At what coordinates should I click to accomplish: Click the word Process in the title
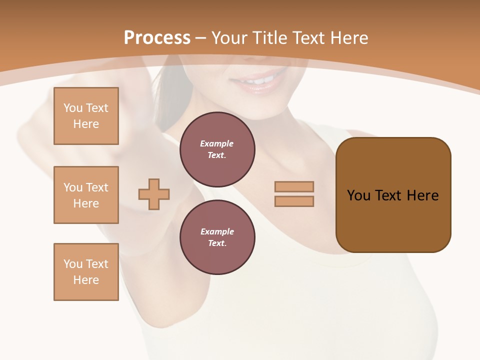(x=157, y=38)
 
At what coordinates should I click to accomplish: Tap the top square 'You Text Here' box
(x=86, y=116)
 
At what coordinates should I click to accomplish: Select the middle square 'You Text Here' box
(x=86, y=195)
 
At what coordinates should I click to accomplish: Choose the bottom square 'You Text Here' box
(x=86, y=272)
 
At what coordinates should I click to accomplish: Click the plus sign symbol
(x=154, y=194)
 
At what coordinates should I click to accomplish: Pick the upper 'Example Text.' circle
(x=217, y=149)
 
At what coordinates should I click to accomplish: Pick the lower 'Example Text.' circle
(x=217, y=237)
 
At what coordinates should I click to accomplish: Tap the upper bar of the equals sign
(x=294, y=186)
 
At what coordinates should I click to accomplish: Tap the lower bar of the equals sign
(x=294, y=201)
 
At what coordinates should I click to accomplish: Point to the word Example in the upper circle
(x=217, y=143)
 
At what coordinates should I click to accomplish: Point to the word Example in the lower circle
(x=217, y=231)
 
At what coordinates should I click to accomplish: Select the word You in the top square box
(x=73, y=108)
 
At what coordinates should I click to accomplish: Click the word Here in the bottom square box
(x=86, y=280)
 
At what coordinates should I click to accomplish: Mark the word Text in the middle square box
(x=97, y=187)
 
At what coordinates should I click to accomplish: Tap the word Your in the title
(x=229, y=38)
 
